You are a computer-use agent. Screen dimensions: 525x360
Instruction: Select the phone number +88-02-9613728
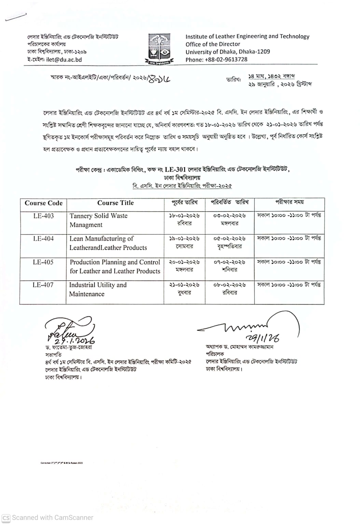pyautogui.click(x=226, y=59)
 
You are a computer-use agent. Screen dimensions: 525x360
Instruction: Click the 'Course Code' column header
pyautogui.click(x=43, y=203)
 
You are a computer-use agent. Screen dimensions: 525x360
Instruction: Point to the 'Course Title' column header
pyautogui.click(x=115, y=203)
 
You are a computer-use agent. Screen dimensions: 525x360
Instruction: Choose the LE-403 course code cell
pyautogui.click(x=43, y=216)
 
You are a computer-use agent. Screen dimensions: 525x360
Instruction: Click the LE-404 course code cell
pyautogui.click(x=43, y=239)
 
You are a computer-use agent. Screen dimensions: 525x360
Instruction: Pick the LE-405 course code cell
pyautogui.click(x=43, y=262)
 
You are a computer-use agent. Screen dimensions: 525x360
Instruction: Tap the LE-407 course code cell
pyautogui.click(x=43, y=285)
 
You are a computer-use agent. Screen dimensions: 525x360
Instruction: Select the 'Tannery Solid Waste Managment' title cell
pyautogui.click(x=98, y=220)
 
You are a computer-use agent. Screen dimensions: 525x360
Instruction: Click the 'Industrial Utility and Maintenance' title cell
pyautogui.click(x=98, y=290)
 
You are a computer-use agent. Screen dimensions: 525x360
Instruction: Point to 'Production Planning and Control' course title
pyautogui.click(x=115, y=262)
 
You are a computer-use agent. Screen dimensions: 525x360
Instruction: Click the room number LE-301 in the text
pyautogui.click(x=175, y=169)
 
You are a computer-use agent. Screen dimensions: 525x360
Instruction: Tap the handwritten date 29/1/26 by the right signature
pyautogui.click(x=264, y=338)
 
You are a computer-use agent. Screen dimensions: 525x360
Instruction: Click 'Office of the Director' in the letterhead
pyautogui.click(x=213, y=44)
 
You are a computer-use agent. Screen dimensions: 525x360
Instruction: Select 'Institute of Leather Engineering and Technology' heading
pyautogui.click(x=247, y=36)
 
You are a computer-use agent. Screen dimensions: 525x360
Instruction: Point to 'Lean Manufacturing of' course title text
pyautogui.click(x=101, y=239)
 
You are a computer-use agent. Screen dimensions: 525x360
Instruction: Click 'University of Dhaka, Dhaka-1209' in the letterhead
pyautogui.click(x=227, y=52)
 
